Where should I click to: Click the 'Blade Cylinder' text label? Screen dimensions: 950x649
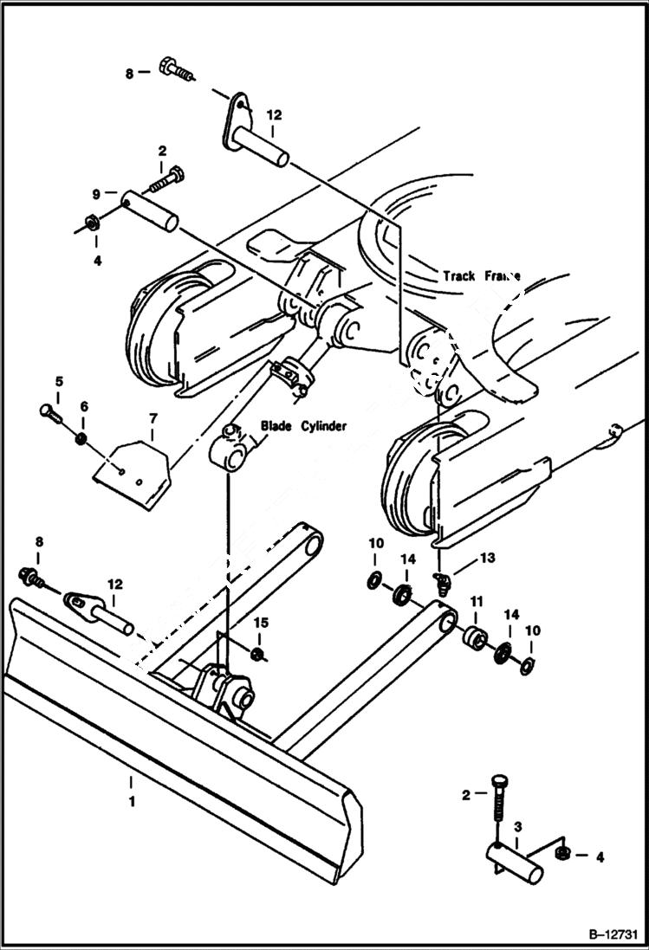click(304, 425)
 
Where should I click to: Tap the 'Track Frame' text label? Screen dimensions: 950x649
click(482, 276)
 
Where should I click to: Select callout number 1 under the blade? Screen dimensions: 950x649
click(132, 802)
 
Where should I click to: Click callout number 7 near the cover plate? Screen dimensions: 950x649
click(153, 419)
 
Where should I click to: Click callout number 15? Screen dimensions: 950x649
click(260, 624)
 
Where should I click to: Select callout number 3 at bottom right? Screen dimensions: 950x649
click(516, 827)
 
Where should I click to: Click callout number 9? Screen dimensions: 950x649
click(97, 194)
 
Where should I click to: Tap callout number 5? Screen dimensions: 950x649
click(59, 381)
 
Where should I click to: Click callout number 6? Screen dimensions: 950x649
click(83, 406)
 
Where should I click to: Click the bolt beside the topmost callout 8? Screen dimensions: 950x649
click(177, 68)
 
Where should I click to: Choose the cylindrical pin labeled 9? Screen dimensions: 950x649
click(149, 210)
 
